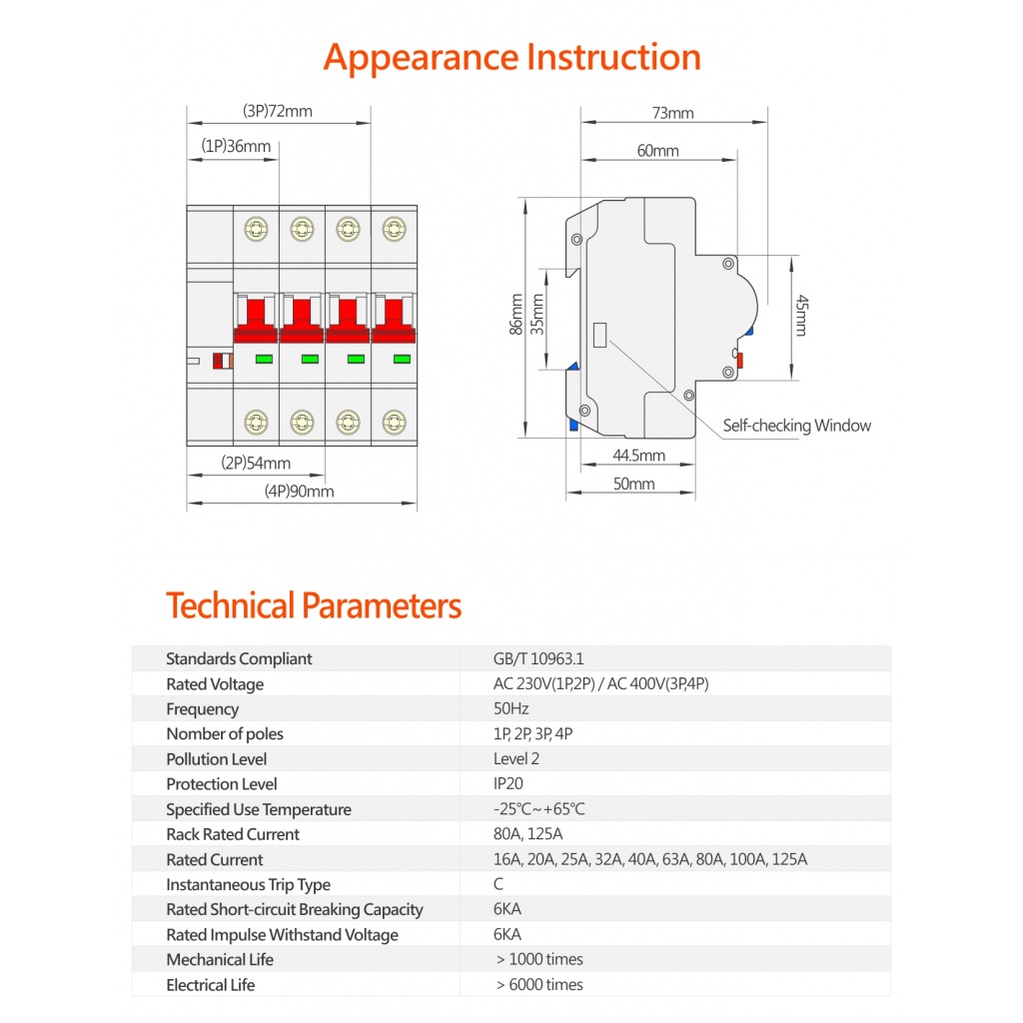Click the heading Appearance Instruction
point(511,57)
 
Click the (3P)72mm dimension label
point(278,111)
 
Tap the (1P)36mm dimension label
point(236,146)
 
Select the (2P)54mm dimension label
point(256,463)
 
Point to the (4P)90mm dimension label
point(300,491)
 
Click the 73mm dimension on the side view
point(673,113)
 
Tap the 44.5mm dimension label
point(638,456)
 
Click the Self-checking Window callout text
point(796,426)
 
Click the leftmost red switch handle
point(256,318)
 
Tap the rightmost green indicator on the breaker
point(402,359)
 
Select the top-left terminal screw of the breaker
point(256,230)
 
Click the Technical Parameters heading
point(314,605)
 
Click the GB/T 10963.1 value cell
point(537,659)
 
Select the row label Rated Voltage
point(215,684)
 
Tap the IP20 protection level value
point(508,784)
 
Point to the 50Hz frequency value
point(511,709)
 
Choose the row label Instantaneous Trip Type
point(248,884)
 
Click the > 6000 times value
point(539,985)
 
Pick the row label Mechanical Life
point(220,960)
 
